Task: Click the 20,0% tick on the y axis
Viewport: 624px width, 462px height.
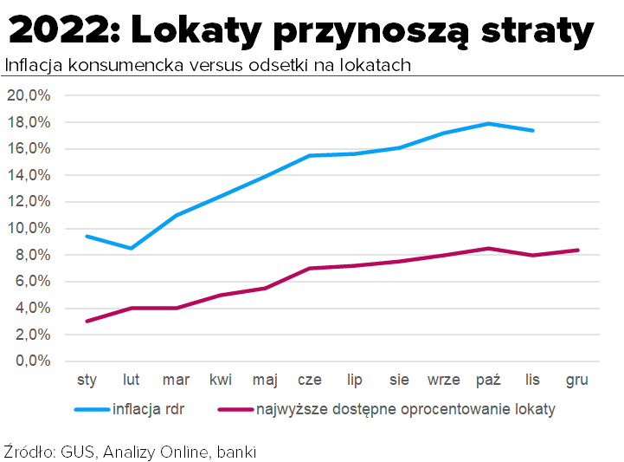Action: [29, 95]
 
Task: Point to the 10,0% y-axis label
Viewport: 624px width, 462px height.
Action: [29, 228]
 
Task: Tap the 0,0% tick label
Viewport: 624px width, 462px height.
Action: [32, 361]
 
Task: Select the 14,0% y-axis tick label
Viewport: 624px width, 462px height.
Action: [29, 175]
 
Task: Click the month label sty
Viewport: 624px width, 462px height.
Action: [87, 380]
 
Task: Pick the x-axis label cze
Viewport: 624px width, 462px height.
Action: [310, 380]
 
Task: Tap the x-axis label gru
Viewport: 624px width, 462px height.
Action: [576, 380]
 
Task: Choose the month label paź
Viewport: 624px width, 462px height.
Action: [488, 380]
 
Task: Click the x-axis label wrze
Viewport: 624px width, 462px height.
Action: [443, 380]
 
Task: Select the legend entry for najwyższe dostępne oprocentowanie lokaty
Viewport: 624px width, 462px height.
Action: [405, 409]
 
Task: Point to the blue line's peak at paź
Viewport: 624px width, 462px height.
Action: [488, 123]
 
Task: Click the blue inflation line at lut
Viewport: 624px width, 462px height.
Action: [132, 248]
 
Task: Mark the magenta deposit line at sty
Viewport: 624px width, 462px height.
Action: [87, 321]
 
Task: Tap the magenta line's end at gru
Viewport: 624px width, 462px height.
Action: [577, 250]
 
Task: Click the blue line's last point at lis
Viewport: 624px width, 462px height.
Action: [533, 130]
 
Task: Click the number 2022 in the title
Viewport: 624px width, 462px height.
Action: [59, 32]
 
